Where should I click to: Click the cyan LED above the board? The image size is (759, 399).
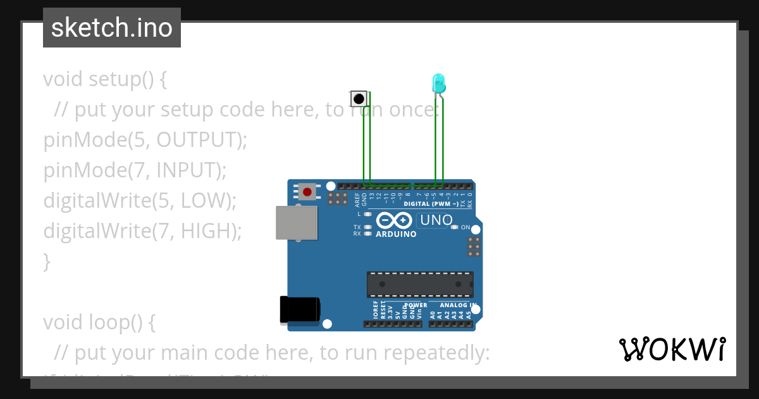point(438,83)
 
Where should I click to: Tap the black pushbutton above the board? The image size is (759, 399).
point(359,99)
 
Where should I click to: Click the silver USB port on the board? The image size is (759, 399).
point(297,222)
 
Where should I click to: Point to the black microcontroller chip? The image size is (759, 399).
point(420,284)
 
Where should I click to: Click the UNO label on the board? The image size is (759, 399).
point(436,220)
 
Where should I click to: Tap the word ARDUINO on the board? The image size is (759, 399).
point(396,234)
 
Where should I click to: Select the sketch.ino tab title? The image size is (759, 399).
point(112,28)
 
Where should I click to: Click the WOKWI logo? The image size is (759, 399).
point(672,349)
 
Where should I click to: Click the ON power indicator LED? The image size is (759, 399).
point(455,227)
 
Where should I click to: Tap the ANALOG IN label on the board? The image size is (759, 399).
point(458,305)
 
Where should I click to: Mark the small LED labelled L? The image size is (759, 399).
point(367,214)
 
